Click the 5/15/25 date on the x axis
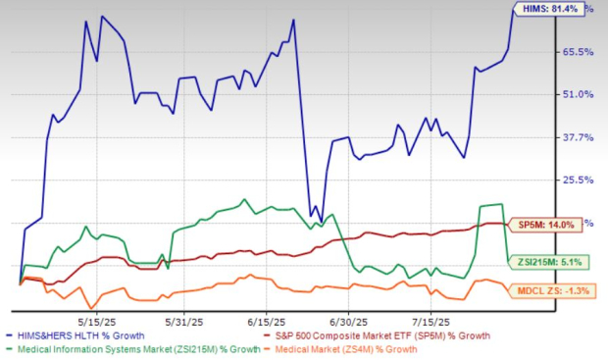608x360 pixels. [x=97, y=320]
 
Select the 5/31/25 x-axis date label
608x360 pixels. [x=181, y=320]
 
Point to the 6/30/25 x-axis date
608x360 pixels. [x=349, y=320]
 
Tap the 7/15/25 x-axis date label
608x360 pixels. [x=432, y=320]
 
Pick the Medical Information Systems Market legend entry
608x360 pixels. [x=135, y=349]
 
